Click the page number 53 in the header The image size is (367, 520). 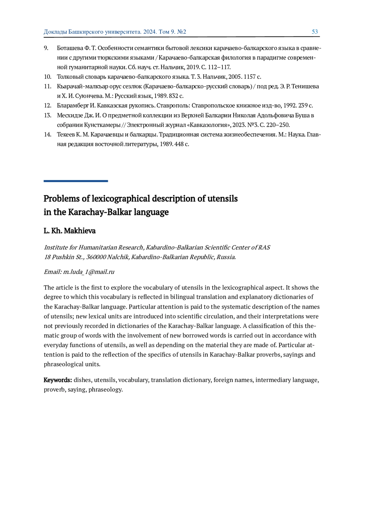(315, 32)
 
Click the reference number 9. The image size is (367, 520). (46, 48)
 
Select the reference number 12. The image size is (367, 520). (47, 106)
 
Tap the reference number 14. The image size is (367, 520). (47, 135)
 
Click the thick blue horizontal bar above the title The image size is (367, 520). (76, 181)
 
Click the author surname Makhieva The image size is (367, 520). (80, 231)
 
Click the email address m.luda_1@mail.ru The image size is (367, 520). (89, 272)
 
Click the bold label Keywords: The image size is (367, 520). (58, 380)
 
